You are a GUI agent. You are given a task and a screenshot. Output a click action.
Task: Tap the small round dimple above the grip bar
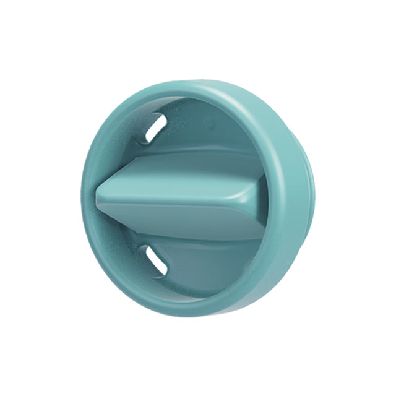211,124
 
